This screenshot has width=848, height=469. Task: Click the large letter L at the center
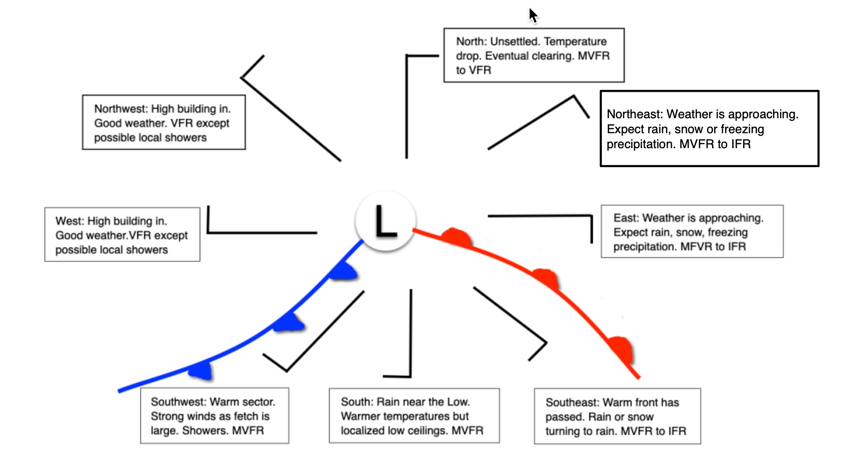coord(386,221)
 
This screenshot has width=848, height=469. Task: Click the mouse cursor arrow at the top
coord(533,15)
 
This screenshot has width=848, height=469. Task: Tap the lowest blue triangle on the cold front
coord(202,370)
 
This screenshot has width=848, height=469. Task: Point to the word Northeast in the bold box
coord(634,114)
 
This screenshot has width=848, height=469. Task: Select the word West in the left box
coord(68,221)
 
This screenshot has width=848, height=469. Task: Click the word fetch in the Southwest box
coord(243,416)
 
